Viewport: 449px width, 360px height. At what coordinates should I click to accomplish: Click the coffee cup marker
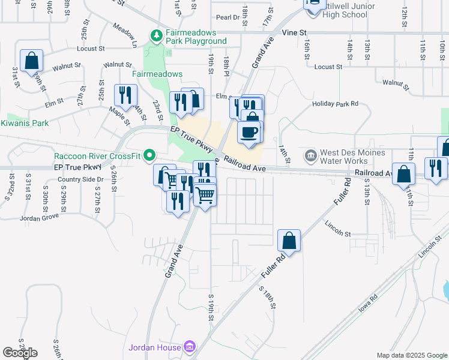click(249, 131)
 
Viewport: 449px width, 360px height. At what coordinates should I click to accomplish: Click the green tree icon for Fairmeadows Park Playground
click(157, 35)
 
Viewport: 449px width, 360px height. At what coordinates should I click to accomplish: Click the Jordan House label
click(155, 347)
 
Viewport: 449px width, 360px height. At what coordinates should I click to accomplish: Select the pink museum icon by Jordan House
click(190, 347)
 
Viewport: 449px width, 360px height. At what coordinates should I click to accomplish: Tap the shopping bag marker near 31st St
click(31, 61)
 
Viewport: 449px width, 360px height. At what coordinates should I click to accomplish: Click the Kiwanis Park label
click(24, 123)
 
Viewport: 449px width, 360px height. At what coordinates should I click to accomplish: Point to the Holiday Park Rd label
click(335, 104)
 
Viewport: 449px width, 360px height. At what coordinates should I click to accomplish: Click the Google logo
click(20, 353)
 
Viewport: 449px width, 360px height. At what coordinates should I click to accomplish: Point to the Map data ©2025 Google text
click(411, 355)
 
